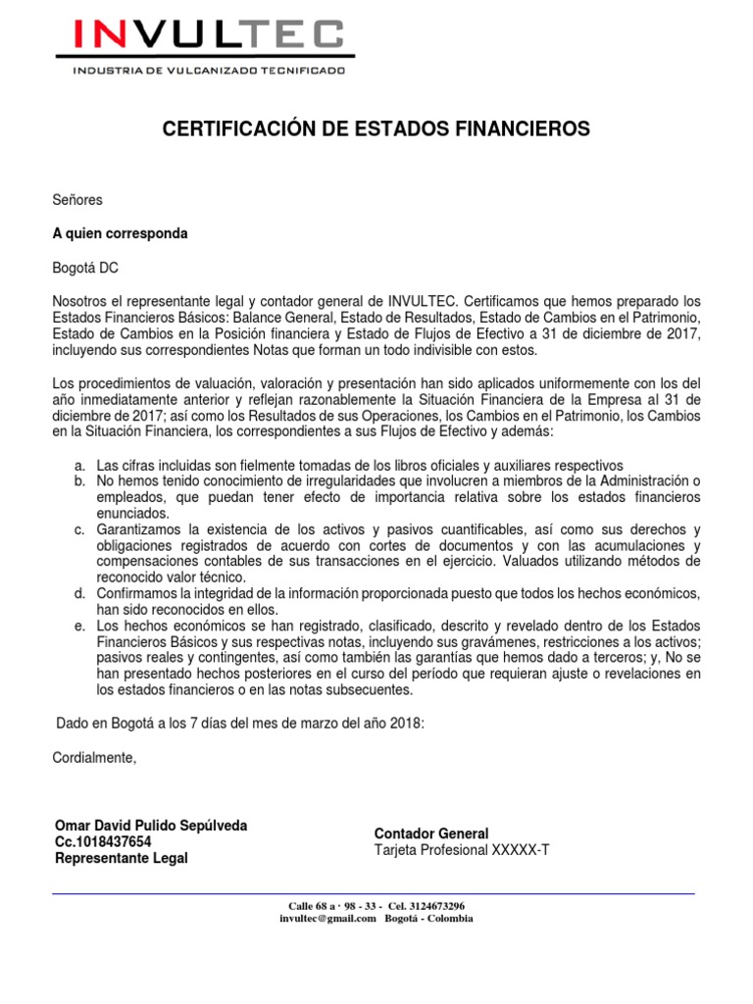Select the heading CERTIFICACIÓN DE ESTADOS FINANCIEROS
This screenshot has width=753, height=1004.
pyautogui.click(x=376, y=128)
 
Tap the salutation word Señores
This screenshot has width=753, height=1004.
pyautogui.click(x=76, y=200)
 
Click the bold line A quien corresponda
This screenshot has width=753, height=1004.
pyautogui.click(x=120, y=234)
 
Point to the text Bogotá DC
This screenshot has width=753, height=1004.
pyautogui.click(x=85, y=268)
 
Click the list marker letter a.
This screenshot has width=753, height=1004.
pyautogui.click(x=79, y=465)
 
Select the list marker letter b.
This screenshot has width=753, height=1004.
pyautogui.click(x=79, y=480)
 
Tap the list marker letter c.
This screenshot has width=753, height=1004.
pyautogui.click(x=79, y=530)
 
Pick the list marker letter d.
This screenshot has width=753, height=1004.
pyautogui.click(x=79, y=594)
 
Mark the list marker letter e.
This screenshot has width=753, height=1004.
pyautogui.click(x=79, y=626)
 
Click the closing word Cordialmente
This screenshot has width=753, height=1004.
pyautogui.click(x=95, y=758)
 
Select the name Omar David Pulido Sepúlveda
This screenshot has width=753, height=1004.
pyautogui.click(x=151, y=826)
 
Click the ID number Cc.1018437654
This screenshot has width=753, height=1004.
pyautogui.click(x=103, y=841)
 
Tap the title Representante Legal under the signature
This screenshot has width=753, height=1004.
pyautogui.click(x=122, y=858)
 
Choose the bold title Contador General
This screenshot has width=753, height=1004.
pyautogui.click(x=431, y=833)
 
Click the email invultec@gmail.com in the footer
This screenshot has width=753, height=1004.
pyautogui.click(x=327, y=919)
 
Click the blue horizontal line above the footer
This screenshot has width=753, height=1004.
pyautogui.click(x=373, y=894)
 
